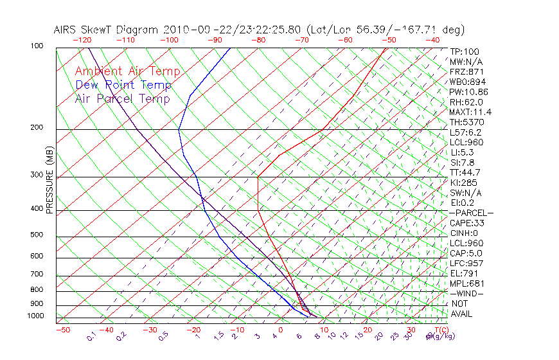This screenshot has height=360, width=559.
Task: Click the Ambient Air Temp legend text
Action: (127, 71)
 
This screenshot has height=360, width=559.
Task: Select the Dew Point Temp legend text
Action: (123, 85)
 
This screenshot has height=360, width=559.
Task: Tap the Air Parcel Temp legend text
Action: (122, 98)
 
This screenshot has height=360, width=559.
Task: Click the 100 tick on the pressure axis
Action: (37, 46)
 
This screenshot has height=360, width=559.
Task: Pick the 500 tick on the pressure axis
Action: (37, 235)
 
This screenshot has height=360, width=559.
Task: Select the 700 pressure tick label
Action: (37, 274)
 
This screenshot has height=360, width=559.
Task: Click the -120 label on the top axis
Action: (82, 40)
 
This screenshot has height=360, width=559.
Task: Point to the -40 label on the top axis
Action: (432, 40)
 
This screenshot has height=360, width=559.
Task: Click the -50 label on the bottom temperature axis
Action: (62, 330)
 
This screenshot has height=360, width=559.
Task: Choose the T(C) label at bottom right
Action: (437, 330)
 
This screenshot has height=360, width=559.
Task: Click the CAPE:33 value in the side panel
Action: (466, 223)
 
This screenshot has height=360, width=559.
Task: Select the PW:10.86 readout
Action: (468, 92)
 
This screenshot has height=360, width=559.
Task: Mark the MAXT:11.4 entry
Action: (470, 112)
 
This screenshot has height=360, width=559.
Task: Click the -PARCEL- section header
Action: (471, 213)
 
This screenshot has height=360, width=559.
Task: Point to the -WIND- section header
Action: (466, 293)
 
